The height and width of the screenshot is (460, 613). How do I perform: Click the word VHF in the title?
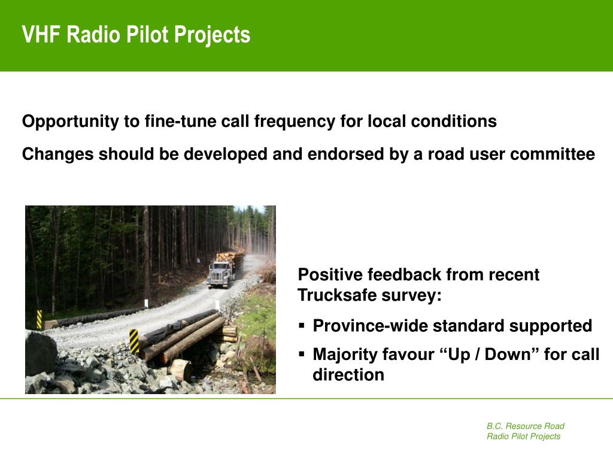tap(41, 34)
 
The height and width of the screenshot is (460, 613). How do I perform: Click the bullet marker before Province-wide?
tap(302, 325)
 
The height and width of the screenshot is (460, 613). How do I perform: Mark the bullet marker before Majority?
tap(302, 354)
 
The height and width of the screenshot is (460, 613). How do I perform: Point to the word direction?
tap(348, 375)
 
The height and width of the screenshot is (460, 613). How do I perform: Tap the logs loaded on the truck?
tap(230, 257)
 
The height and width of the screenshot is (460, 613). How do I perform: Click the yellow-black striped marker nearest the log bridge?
tap(134, 341)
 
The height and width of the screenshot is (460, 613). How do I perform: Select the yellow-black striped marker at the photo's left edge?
tap(39, 319)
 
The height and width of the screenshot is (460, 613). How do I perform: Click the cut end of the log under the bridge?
tap(182, 370)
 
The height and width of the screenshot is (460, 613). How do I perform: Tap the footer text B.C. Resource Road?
tap(526, 426)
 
